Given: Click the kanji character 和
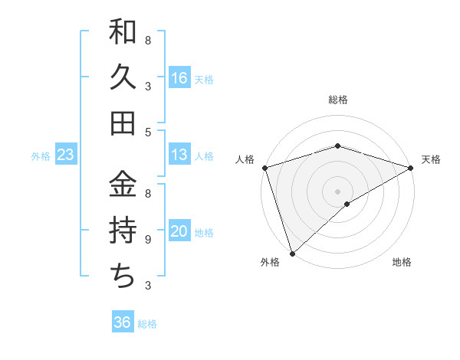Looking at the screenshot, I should [x=123, y=33].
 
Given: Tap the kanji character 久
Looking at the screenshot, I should [x=123, y=78].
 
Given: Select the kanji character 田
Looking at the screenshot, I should [x=123, y=123].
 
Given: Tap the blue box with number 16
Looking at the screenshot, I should [x=179, y=77].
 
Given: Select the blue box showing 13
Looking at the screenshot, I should [x=179, y=155].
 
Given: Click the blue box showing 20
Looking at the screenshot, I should [x=179, y=231].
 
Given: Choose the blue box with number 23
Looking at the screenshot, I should [x=66, y=155].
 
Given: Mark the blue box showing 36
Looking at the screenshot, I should [x=122, y=322].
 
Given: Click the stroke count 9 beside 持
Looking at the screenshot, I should [x=147, y=240].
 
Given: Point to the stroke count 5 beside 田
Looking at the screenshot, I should [x=147, y=132].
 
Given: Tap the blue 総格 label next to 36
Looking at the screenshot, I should [x=148, y=323].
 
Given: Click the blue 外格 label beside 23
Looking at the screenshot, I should [x=41, y=155].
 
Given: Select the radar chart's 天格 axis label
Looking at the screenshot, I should [x=431, y=159].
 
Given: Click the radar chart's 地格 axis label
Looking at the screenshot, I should [x=402, y=262].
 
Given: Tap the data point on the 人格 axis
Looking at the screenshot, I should [x=264, y=168].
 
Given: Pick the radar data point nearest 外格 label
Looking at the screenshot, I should [x=292, y=253].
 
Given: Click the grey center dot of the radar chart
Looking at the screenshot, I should [x=337, y=191].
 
